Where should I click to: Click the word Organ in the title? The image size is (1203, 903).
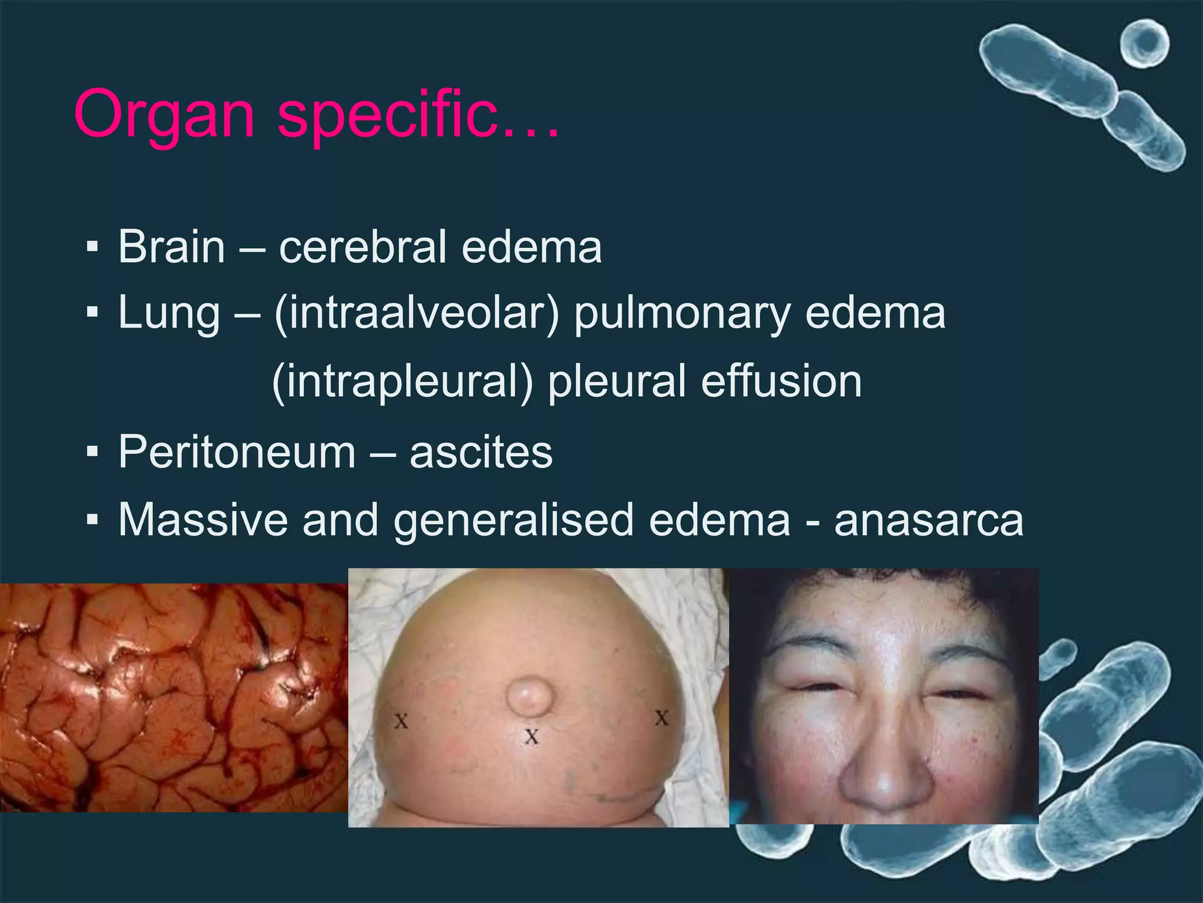click(x=164, y=115)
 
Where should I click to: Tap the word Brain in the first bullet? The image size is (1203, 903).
click(x=172, y=247)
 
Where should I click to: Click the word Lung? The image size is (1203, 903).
click(x=169, y=313)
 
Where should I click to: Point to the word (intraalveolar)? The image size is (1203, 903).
click(x=416, y=313)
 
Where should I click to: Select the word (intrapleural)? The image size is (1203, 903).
click(x=402, y=382)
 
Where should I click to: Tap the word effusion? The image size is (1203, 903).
click(x=781, y=382)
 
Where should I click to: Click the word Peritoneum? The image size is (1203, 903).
click(x=237, y=452)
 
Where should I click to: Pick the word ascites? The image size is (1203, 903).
click(x=481, y=452)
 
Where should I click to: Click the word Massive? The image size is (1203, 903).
click(x=203, y=520)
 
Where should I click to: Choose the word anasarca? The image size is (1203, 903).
click(x=929, y=520)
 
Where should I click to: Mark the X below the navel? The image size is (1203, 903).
click(x=532, y=736)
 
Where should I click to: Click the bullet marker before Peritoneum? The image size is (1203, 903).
click(x=92, y=452)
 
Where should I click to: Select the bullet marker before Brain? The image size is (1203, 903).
click(x=92, y=247)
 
